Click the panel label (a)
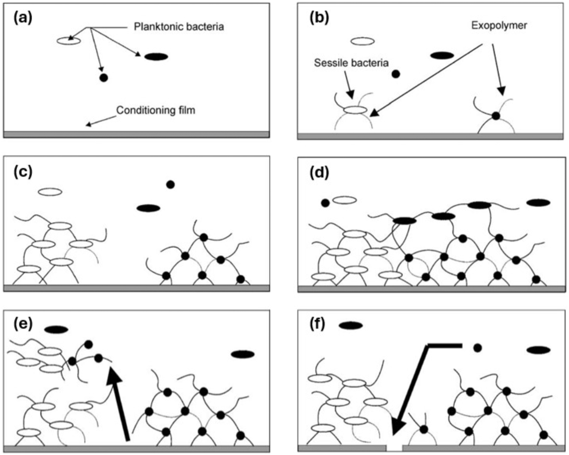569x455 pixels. click(x=23, y=18)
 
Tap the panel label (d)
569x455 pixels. click(x=319, y=172)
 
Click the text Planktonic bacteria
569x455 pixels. click(x=179, y=27)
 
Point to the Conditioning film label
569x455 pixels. click(x=156, y=110)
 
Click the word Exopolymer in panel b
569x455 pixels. click(x=499, y=25)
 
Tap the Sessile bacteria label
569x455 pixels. click(x=351, y=63)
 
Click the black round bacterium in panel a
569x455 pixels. click(x=103, y=78)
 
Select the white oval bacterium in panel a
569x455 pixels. click(x=69, y=41)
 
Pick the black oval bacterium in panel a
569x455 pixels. click(x=156, y=56)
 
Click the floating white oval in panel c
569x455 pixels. click(x=50, y=192)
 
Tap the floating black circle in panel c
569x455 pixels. click(x=170, y=184)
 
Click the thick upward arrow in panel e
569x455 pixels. click(x=120, y=405)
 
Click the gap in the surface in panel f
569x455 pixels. click(x=394, y=447)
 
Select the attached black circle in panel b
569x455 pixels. click(x=496, y=115)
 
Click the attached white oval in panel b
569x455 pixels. click(x=355, y=110)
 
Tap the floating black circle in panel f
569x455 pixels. click(x=477, y=348)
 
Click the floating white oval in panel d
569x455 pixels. click(x=344, y=200)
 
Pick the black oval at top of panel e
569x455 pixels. click(x=56, y=329)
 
